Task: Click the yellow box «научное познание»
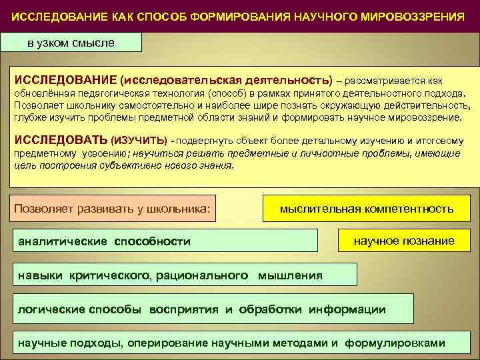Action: tap(404, 241)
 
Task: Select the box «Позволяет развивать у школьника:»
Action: tap(113, 209)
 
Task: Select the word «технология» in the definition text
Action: tap(179, 94)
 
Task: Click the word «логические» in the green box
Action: tap(53, 309)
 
